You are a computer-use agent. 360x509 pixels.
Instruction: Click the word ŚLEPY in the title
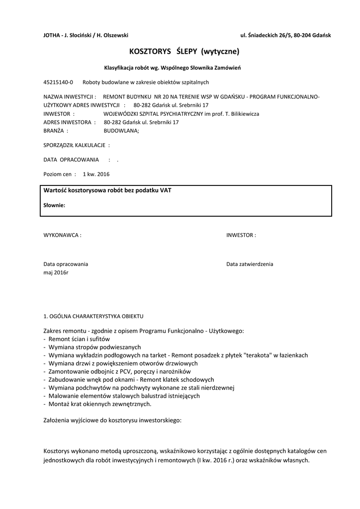point(186,51)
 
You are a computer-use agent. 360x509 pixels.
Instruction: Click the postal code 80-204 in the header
point(301,35)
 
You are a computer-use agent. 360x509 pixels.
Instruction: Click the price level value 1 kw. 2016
point(96,174)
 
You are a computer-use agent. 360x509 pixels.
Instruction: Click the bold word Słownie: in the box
point(54,205)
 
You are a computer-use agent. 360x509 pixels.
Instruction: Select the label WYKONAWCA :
point(63,235)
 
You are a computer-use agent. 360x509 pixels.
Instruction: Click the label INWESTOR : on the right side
point(241,235)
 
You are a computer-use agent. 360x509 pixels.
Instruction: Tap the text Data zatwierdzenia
point(250,264)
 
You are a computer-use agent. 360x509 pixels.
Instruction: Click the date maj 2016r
point(56,272)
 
